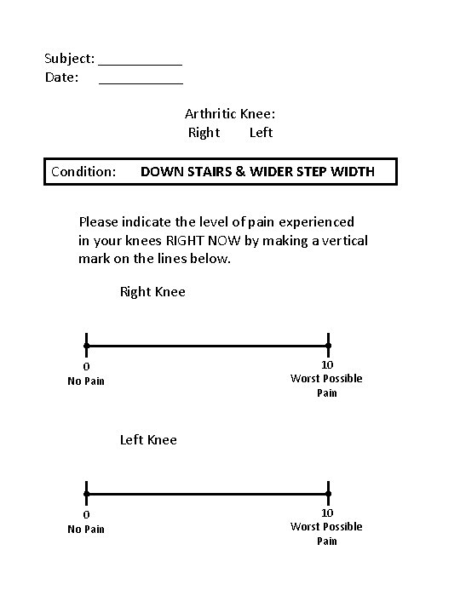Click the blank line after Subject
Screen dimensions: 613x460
point(141,62)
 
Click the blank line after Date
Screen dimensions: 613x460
point(141,81)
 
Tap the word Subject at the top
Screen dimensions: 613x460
point(69,59)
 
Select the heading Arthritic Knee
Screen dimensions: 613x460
point(230,113)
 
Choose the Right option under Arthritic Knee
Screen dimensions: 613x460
point(204,133)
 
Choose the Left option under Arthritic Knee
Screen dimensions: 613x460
point(261,133)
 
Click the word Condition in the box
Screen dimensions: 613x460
point(83,172)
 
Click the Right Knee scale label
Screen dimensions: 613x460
point(152,292)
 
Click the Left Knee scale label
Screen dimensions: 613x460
point(148,439)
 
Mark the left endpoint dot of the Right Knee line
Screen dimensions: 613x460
point(86,346)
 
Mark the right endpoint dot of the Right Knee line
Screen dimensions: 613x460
point(328,346)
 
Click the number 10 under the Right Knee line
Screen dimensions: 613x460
point(327,364)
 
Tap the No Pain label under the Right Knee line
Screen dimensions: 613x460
point(86,381)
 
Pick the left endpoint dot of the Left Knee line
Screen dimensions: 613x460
point(86,494)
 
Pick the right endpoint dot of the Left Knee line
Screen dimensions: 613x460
point(328,494)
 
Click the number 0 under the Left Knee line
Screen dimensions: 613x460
point(86,514)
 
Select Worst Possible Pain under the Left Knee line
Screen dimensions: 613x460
point(326,533)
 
